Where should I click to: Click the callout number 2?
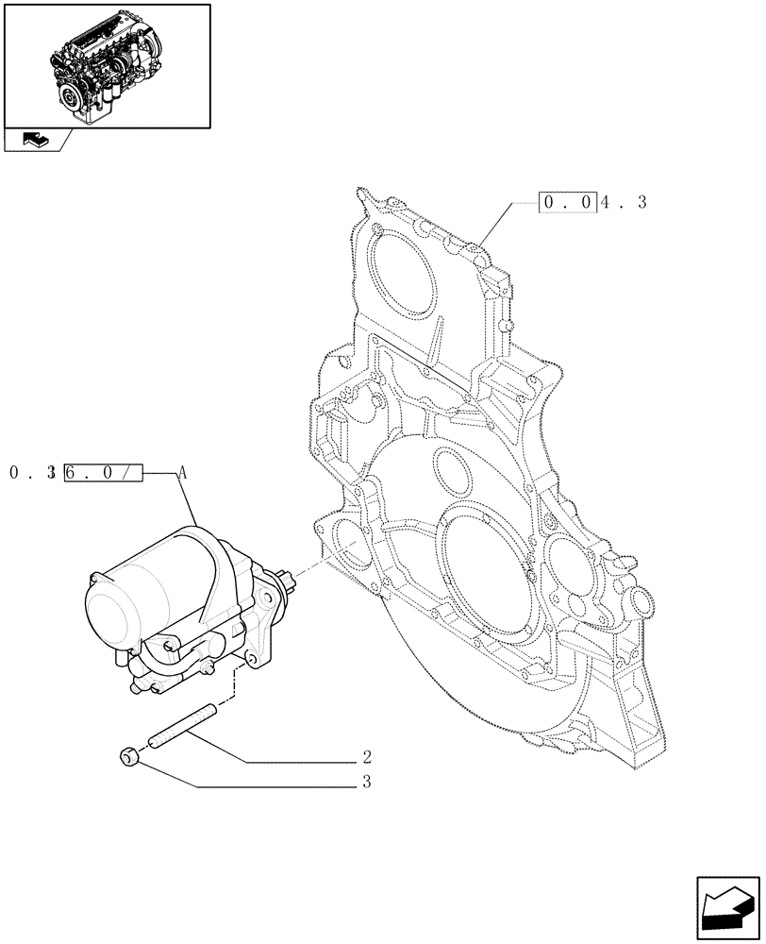pos(366,757)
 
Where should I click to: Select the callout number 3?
pos(366,782)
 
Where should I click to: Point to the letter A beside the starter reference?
pos(183,473)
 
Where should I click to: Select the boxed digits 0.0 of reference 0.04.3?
pos(568,203)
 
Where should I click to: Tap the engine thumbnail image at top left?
pos(107,66)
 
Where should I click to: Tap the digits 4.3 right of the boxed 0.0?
pos(624,203)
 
